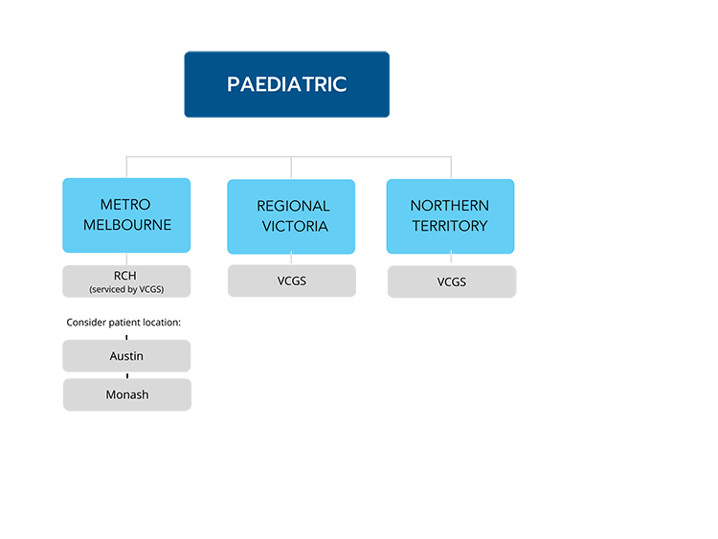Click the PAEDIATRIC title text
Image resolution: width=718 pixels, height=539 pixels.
286,84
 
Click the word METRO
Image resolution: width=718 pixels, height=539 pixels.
126,205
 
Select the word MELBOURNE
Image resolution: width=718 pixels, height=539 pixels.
126,225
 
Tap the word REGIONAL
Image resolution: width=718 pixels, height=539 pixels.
293,206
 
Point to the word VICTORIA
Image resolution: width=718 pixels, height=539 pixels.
293,227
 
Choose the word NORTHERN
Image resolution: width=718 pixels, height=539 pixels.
449,206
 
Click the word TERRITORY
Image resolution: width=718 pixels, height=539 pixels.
449,226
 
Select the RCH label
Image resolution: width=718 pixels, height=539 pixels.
126,275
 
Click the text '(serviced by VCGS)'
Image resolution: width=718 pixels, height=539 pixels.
126,288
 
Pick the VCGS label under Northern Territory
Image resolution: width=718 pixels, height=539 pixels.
451,282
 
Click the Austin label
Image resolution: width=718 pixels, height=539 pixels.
126,356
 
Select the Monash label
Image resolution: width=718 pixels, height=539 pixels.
126,394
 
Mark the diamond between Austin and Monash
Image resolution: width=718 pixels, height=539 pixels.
126,375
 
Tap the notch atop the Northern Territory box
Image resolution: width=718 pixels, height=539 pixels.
451,173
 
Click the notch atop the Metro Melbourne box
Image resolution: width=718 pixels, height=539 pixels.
126,173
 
